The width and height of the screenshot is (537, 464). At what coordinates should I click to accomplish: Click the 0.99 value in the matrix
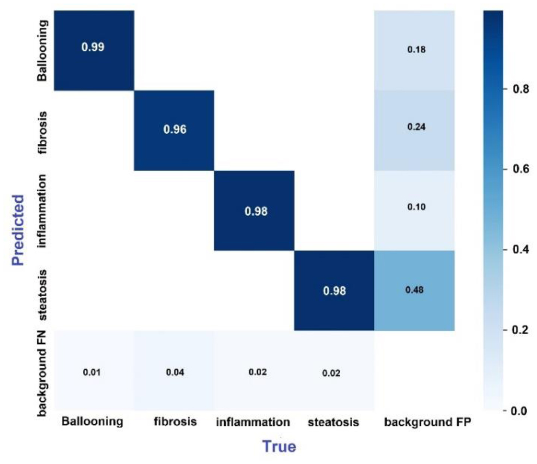point(93,47)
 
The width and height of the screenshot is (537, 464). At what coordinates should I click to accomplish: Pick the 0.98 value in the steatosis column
point(334,291)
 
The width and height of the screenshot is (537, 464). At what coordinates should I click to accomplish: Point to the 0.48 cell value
point(415,290)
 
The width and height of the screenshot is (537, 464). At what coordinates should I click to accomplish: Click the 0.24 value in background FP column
point(415,127)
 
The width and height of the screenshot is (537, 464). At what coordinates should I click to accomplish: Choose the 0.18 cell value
point(415,50)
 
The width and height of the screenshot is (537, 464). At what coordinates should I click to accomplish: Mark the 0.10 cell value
point(415,207)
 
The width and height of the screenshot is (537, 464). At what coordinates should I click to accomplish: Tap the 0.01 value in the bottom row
point(92,373)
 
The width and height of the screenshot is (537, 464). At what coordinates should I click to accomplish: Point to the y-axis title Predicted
point(19,228)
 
